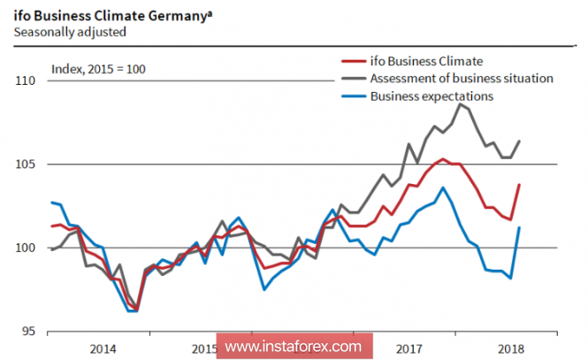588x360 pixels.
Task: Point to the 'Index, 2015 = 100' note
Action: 98,69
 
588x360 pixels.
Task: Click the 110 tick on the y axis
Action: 25,80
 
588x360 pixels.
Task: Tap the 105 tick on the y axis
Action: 25,164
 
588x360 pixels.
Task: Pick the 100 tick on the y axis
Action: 25,248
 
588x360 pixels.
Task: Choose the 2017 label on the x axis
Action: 408,347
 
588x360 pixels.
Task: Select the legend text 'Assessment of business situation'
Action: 462,78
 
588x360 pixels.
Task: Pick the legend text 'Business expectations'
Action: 431,96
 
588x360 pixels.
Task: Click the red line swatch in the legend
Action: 353,61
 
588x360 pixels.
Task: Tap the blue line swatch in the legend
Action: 353,96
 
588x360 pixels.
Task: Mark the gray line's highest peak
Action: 461,103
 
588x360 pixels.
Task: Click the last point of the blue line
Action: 519,227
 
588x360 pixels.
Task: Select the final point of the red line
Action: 519,185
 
